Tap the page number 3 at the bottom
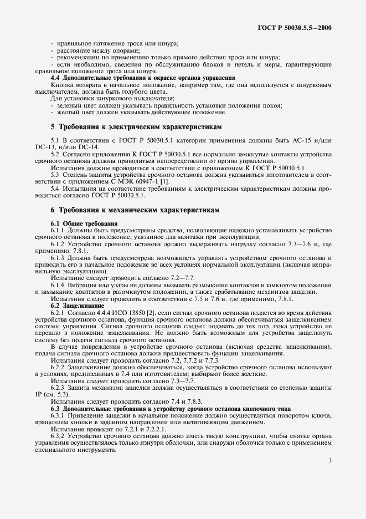coord(329,460)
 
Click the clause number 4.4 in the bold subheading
coord(55,78)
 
